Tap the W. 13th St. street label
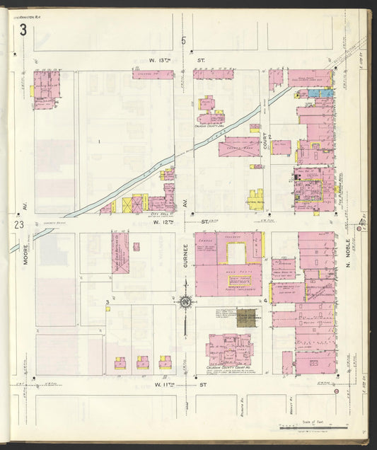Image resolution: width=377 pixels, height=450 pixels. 177,61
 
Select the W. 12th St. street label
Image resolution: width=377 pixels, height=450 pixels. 180,222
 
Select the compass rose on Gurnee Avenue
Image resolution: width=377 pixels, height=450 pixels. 185,303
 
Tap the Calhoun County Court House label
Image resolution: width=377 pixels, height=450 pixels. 228,369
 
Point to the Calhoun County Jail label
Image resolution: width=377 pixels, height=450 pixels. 209,126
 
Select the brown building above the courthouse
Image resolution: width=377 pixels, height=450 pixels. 247,318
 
